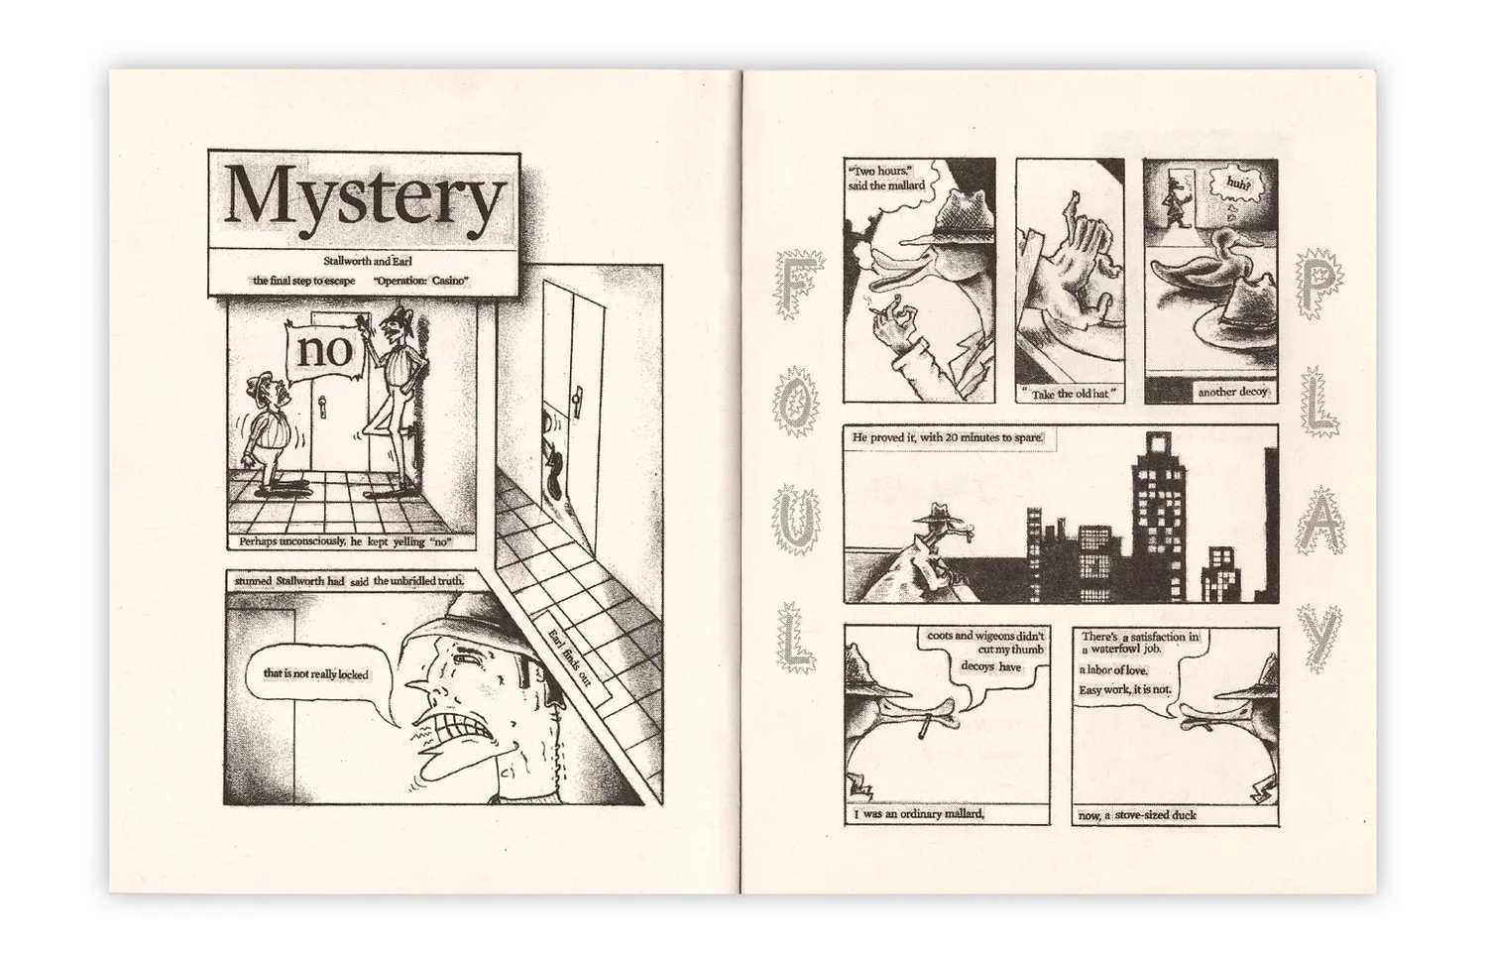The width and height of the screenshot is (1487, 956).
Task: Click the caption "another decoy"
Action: pos(1232,393)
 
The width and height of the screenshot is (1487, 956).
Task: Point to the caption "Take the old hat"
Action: pos(1070,394)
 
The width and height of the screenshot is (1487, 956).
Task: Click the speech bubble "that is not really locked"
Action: pos(316,673)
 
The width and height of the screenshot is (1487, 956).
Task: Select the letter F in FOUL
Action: pos(799,286)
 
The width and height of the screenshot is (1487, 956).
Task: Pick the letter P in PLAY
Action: pos(1319,285)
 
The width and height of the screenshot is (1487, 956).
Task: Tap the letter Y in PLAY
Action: pos(1319,639)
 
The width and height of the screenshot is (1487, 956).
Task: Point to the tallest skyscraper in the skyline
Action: pos(1159,518)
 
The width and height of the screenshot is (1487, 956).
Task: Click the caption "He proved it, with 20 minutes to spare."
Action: pos(948,438)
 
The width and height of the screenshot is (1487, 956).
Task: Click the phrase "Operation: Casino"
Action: pos(421,281)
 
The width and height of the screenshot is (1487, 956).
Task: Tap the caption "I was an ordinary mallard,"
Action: pos(919,814)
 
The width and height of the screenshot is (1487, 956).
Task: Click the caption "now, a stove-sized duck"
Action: pos(1137,815)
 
